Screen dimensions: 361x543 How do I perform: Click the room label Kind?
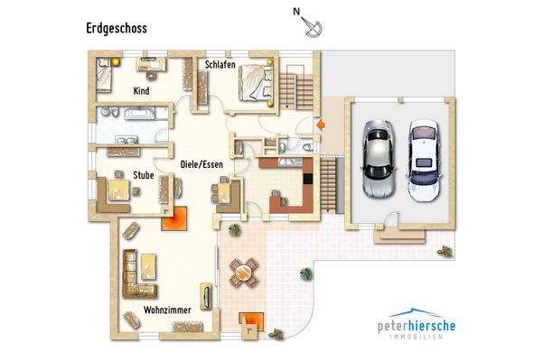click(141, 91)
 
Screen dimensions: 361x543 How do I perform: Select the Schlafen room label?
click(220, 65)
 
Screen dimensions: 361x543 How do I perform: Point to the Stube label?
click(143, 174)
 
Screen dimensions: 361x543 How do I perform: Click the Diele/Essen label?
click(201, 164)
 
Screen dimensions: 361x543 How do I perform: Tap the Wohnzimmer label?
click(165, 310)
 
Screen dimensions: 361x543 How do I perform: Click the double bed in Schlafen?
click(256, 82)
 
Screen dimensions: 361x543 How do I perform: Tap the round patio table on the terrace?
click(242, 269)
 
